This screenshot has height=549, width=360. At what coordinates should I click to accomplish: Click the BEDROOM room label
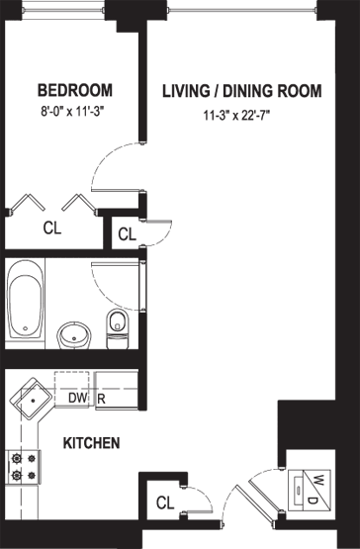click(75, 90)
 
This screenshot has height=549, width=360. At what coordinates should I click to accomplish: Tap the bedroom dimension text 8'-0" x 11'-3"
click(73, 112)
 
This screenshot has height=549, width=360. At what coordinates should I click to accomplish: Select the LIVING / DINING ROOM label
click(242, 91)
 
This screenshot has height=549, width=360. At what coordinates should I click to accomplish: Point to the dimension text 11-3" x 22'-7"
click(238, 115)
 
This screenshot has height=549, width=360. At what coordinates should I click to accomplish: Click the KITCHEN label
click(91, 443)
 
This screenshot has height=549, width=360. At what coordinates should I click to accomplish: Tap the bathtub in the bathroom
click(25, 300)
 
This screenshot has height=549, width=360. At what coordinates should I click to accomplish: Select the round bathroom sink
click(74, 335)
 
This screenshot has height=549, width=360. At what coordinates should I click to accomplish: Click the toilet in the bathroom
click(118, 328)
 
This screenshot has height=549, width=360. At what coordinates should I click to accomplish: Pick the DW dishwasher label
click(77, 398)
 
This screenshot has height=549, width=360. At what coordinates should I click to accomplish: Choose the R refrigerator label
click(101, 399)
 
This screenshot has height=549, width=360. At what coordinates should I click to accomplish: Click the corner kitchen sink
click(32, 399)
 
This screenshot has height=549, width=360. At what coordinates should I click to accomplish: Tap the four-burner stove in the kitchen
click(24, 467)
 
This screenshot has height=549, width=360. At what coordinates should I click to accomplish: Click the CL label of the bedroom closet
click(52, 229)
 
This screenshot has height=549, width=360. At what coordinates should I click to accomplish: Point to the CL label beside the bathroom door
click(128, 234)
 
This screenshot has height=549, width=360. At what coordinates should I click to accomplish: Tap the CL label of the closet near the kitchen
click(165, 503)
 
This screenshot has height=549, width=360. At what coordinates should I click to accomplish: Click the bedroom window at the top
click(63, 10)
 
